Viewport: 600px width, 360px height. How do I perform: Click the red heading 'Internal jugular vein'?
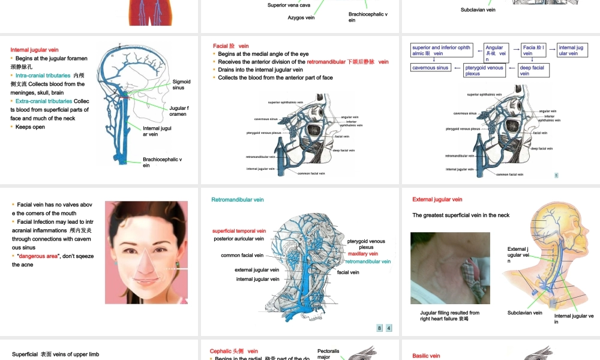tap(34, 50)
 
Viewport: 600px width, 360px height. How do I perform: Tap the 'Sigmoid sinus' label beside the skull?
tap(181, 85)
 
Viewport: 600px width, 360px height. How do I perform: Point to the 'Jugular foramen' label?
tap(179, 111)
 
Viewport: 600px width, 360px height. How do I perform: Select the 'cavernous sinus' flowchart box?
tap(430, 68)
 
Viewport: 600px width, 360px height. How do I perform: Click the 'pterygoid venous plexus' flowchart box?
tap(484, 71)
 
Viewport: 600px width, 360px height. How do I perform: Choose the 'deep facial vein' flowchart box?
tap(533, 71)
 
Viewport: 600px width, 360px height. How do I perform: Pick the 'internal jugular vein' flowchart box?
tap(571, 50)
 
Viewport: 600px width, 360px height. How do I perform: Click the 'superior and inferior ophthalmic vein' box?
tap(442, 50)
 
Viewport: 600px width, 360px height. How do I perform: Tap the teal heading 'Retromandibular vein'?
tap(238, 200)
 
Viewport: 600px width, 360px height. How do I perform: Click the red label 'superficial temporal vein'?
tap(239, 231)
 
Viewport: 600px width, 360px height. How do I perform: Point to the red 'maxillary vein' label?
tap(363, 254)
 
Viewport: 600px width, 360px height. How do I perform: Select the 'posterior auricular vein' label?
tap(239, 239)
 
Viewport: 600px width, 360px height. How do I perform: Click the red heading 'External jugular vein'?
tap(437, 200)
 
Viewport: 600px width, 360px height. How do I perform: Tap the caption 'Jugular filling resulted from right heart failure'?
tap(449, 316)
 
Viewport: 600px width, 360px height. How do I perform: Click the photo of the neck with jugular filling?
tap(450, 268)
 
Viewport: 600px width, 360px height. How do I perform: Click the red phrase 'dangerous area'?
tap(38, 256)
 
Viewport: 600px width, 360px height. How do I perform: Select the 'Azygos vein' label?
tap(301, 18)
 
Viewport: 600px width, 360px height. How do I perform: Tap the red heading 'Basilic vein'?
tap(426, 356)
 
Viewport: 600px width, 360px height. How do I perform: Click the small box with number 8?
tap(379, 328)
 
